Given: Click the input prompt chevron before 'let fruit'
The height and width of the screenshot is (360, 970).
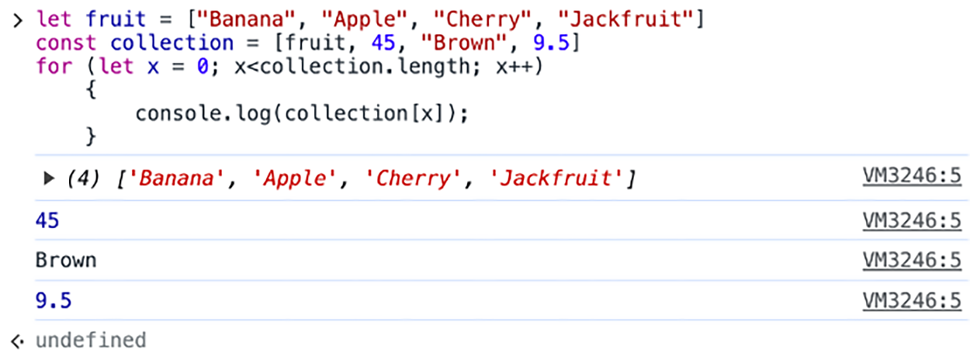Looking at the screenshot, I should [17, 19].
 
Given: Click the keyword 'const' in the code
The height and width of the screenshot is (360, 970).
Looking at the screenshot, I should [66, 43].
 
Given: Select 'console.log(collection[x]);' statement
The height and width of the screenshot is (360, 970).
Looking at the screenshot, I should [303, 113].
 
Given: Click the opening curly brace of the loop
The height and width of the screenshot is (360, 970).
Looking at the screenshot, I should [91, 90].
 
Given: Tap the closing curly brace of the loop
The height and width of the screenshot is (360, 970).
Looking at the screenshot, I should [91, 137].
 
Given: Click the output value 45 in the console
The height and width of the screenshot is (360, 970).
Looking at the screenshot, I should [47, 221].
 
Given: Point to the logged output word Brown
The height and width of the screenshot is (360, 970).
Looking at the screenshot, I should [66, 260].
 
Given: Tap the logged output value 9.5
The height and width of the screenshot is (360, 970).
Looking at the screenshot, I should [54, 300].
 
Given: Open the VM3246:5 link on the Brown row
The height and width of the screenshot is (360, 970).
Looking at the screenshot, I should [912, 260].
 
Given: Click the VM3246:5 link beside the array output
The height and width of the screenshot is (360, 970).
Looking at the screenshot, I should [912, 177].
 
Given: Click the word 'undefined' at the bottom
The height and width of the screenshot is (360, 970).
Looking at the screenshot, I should [91, 340].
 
